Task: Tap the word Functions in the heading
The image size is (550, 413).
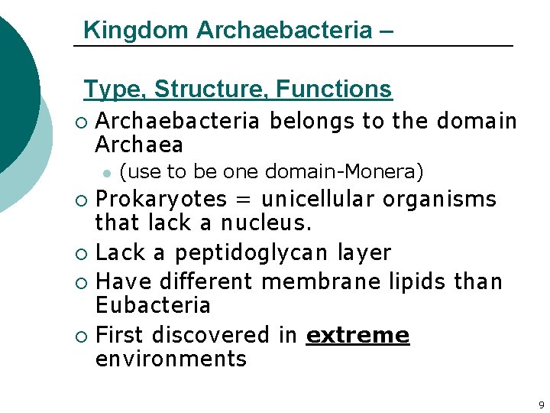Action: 334,89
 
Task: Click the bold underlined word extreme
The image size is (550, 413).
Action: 357,335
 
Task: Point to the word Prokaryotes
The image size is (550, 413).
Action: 160,200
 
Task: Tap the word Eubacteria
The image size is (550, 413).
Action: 152,305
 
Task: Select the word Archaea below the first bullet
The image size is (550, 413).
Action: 139,145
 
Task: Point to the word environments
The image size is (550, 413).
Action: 170,359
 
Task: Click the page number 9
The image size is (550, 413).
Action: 541,405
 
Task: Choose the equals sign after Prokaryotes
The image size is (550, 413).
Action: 244,200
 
